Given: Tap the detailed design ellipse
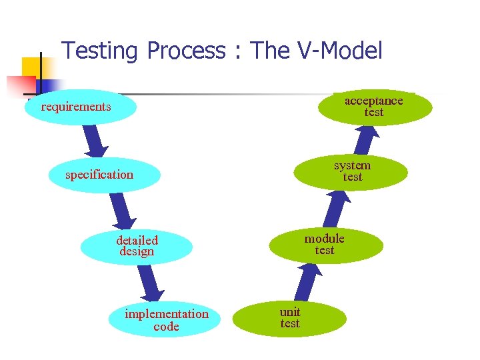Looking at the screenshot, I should tap(137, 246).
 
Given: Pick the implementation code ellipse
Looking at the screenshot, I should tap(167, 320).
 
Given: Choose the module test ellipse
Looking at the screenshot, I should tap(326, 245).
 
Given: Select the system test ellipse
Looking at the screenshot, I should tap(351, 171).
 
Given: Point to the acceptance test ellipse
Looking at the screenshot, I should tap(375, 107).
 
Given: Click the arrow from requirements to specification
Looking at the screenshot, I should tap(95, 141).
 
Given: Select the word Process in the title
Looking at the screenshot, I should tap(186, 51).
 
